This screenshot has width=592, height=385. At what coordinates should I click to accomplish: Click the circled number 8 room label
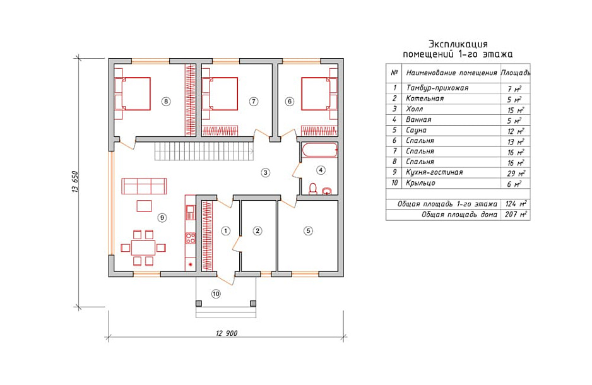tap(165, 101)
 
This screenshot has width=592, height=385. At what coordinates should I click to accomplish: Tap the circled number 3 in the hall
tap(266, 172)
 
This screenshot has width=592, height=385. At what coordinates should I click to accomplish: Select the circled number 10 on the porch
tap(216, 293)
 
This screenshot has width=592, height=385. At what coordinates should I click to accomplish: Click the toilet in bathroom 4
tap(313, 188)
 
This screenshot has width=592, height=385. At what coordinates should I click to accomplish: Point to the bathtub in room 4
tap(319, 150)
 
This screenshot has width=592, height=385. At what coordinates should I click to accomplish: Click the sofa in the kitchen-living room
tap(145, 186)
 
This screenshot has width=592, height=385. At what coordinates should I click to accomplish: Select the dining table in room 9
tap(143, 247)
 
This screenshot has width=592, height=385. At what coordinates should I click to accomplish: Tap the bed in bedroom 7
tap(220, 93)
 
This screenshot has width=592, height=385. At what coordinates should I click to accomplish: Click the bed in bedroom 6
tap(319, 93)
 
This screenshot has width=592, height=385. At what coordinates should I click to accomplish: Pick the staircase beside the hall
tap(204, 151)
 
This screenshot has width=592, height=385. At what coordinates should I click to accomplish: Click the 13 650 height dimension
tap(74, 182)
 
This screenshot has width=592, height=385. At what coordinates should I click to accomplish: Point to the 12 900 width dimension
tap(227, 333)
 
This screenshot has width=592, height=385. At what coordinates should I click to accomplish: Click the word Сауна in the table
tap(416, 130)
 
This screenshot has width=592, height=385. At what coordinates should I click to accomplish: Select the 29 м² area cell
tap(516, 173)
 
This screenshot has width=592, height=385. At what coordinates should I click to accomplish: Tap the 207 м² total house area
tap(516, 215)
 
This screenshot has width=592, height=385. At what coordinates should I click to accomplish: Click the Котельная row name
tap(425, 98)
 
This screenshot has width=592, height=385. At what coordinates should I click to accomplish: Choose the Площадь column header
tap(516, 73)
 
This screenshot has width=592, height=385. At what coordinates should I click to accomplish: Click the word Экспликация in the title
tap(458, 44)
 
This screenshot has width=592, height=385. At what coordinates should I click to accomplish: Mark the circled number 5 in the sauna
tap(308, 230)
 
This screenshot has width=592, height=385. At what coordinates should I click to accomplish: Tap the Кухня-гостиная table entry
tap(434, 172)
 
